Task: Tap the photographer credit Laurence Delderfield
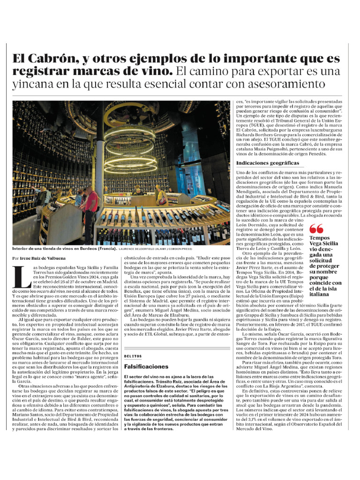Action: (140, 249)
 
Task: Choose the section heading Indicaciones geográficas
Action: (267, 163)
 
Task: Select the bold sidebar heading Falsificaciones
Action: (146, 367)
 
